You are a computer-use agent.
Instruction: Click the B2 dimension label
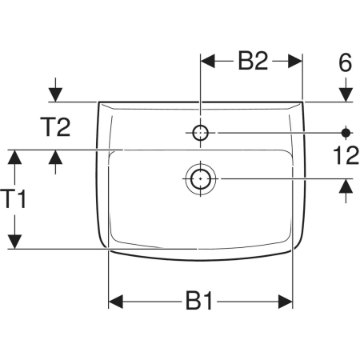(253, 61)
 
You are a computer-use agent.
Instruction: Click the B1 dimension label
(199, 301)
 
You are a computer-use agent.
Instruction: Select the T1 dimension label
(14, 199)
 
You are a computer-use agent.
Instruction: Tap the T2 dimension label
(55, 127)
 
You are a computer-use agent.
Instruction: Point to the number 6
(346, 62)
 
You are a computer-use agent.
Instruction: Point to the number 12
(346, 155)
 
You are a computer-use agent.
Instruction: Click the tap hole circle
(201, 133)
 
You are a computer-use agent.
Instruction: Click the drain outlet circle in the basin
(200, 178)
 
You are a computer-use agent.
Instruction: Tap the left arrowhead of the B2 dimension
(208, 61)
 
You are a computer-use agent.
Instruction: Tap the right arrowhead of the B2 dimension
(295, 61)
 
